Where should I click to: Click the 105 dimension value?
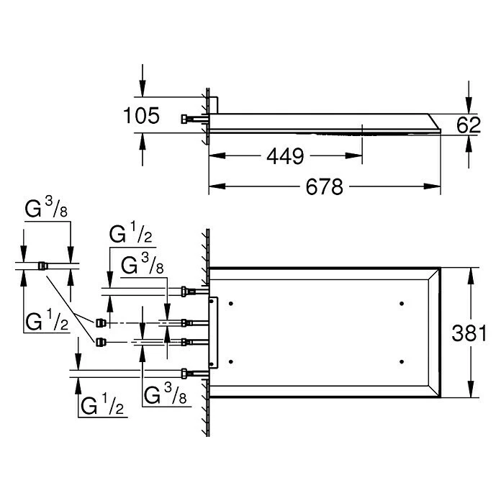pos(141,115)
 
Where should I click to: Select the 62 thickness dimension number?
pos(469,125)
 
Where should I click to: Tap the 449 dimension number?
pos(285,156)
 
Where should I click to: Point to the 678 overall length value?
pos(325,186)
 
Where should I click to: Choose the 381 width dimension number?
pos(469,333)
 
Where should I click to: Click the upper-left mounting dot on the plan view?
pos(230,304)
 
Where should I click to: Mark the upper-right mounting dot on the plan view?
pos(402,304)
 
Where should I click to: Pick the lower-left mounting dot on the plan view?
pos(230,361)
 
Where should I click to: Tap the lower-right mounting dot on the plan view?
pos(402,361)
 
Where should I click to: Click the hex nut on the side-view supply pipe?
pos(185,119)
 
